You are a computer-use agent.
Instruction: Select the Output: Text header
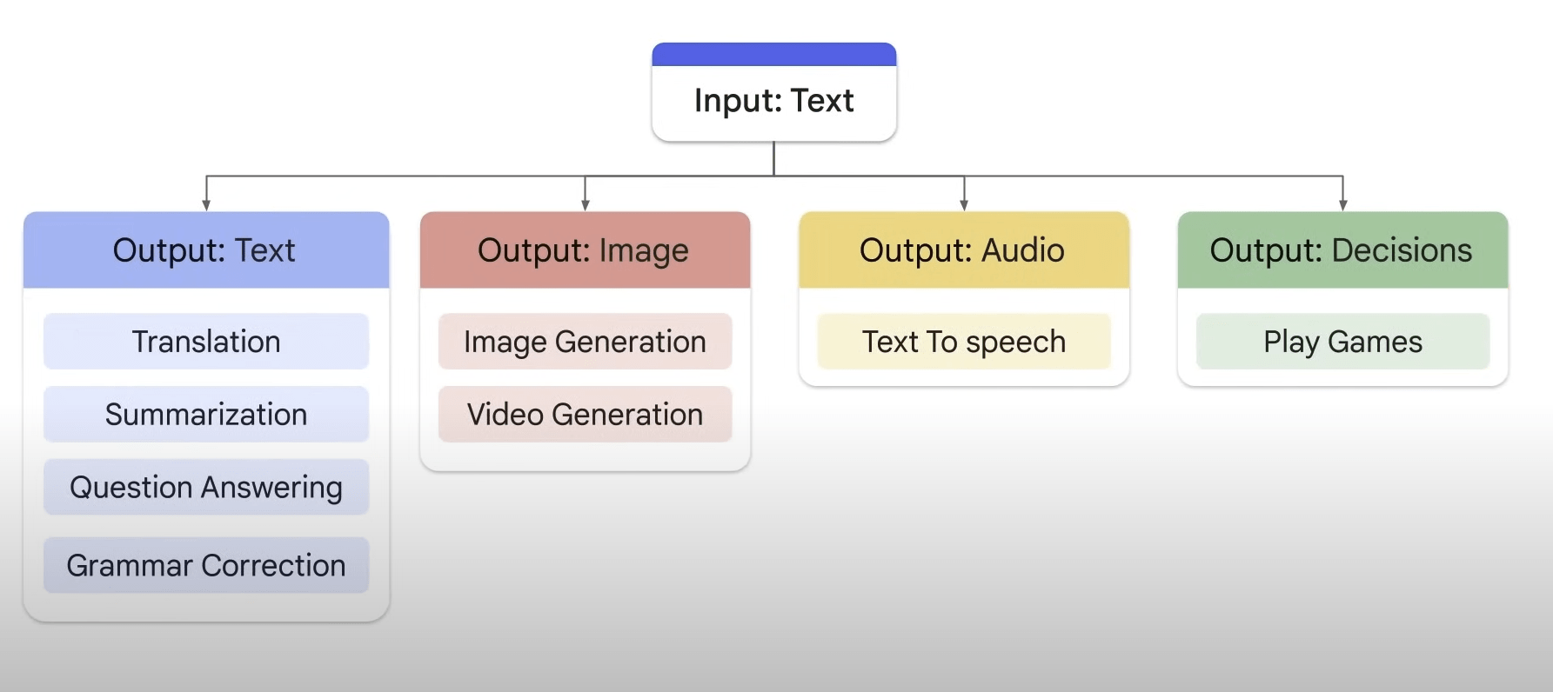coord(205,250)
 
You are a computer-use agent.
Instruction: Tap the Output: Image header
coord(585,250)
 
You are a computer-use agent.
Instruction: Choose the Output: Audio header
coord(963,250)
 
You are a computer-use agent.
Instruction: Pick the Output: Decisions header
coord(1342,250)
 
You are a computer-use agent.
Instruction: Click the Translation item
coord(206,342)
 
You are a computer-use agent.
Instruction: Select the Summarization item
coord(206,415)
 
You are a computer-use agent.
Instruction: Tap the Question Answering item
coord(206,488)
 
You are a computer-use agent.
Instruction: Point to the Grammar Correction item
coord(206,566)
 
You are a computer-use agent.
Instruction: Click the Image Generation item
coord(585,342)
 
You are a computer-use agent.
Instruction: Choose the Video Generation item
coord(585,415)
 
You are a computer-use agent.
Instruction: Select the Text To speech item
coord(963,342)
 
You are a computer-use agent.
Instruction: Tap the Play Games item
coord(1342,342)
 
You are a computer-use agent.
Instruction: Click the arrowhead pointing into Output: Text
coord(206,205)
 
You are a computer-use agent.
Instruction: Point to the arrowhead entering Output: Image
coord(586,205)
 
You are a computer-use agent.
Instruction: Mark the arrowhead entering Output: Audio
coord(964,205)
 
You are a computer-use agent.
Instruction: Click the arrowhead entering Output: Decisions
coord(1343,205)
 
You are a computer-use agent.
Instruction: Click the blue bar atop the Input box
coord(773,54)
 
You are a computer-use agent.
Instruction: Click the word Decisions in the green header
coord(1402,250)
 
